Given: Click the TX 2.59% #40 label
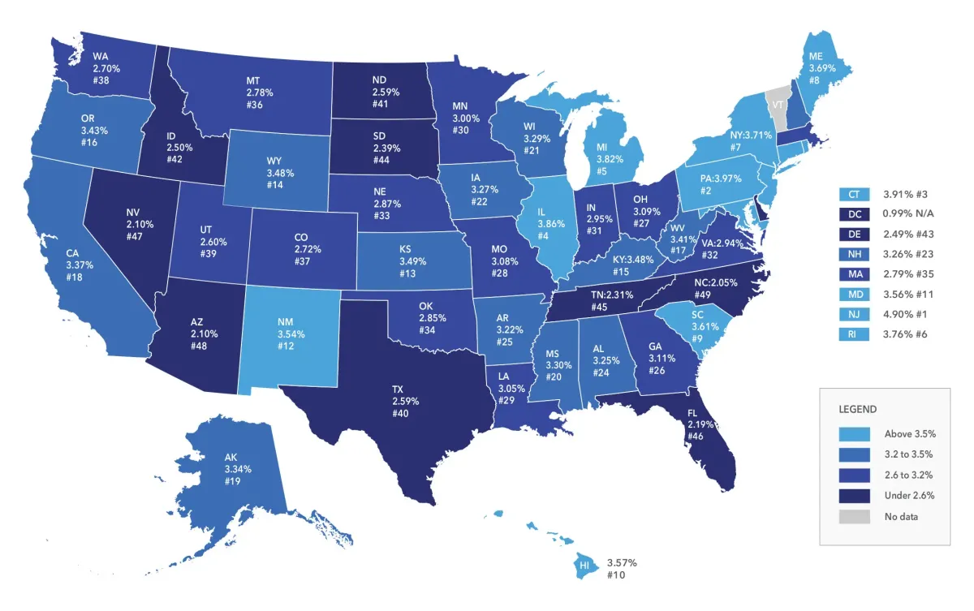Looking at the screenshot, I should point(400,402).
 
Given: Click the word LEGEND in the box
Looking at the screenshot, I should point(858,409).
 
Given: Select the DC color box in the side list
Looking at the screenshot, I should point(854,213).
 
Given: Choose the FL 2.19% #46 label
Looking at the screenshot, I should point(696,424).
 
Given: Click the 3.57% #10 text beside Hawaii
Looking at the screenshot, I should point(623,568).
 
